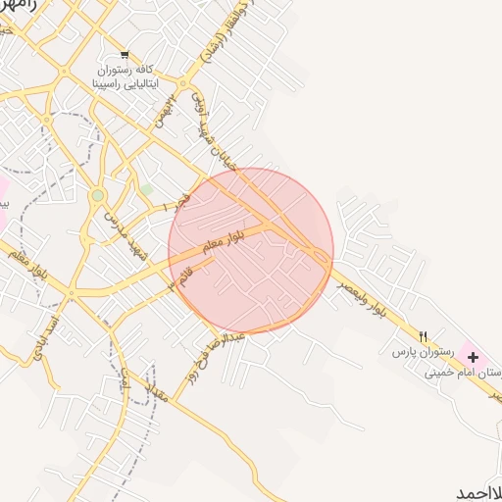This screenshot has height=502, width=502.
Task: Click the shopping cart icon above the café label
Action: pos(124,54)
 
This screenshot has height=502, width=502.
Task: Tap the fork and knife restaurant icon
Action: pos(424,335)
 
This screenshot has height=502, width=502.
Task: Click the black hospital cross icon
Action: pos(473,357)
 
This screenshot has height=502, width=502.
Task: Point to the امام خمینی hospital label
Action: pos(466,373)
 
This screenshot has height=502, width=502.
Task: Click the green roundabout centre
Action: pos(97,196)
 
